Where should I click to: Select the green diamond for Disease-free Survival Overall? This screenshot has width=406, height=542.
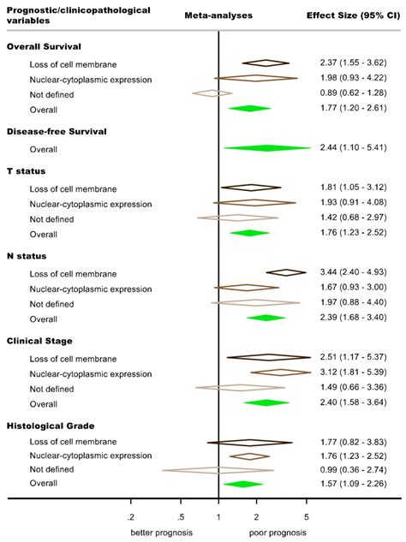[x=266, y=148]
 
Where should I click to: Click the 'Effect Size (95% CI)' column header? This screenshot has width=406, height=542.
[x=351, y=15]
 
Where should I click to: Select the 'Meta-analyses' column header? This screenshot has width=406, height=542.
[x=218, y=15]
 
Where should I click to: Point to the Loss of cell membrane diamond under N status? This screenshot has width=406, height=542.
[x=285, y=272]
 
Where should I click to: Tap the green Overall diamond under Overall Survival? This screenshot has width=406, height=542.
[x=249, y=108]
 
